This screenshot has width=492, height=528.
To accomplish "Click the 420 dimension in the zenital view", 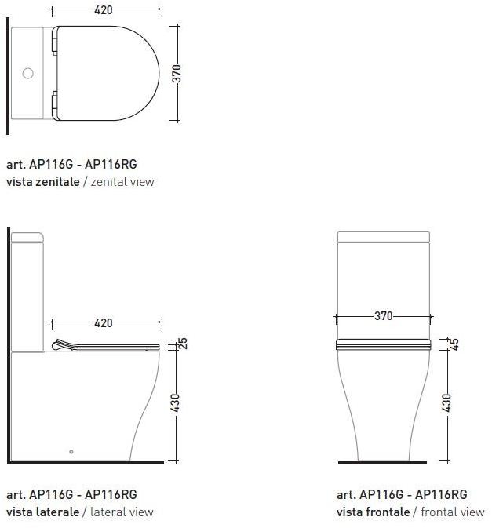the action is [104, 9].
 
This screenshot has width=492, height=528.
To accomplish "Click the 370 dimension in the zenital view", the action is [177, 74].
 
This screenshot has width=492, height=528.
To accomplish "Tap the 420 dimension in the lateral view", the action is [104, 323].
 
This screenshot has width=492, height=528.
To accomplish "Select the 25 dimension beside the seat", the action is [183, 343].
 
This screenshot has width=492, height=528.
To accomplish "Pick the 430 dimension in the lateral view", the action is [176, 402].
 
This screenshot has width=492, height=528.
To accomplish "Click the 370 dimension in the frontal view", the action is [384, 316].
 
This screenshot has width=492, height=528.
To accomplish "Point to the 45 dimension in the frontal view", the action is [454, 344].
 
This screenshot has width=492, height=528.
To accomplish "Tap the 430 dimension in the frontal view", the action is [446, 402].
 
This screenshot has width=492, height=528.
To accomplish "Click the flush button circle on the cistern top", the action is [28, 73].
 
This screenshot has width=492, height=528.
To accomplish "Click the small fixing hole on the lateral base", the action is [71, 452].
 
